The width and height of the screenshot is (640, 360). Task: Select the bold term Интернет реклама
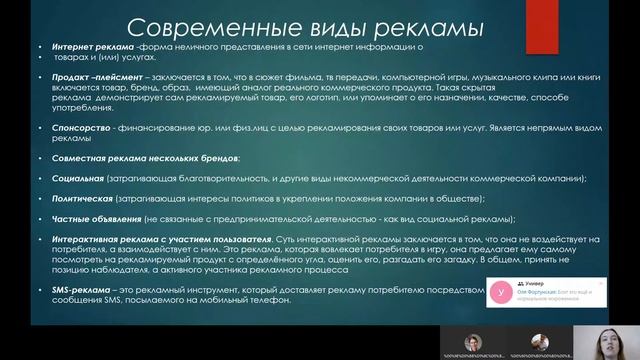click(69, 48)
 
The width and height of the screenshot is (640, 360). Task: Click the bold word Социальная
click(58, 177)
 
